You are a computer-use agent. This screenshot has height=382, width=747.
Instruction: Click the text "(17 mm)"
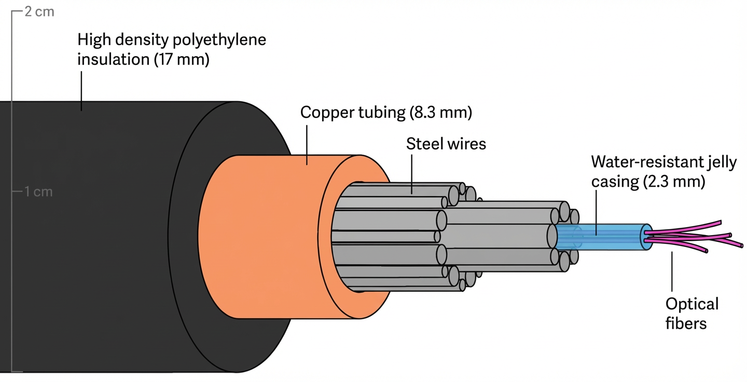click(182, 60)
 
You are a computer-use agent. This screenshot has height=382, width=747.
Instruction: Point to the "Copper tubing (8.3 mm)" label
click(386, 113)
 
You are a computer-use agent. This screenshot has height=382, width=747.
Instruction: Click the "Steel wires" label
click(446, 144)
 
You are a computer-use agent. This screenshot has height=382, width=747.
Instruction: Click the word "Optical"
click(691, 304)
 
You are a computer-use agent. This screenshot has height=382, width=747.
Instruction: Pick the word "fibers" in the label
click(686, 324)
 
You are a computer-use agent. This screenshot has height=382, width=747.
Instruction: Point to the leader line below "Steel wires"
click(412, 174)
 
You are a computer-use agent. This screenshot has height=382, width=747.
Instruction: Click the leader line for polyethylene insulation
click(81, 90)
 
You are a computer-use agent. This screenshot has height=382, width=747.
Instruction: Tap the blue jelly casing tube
click(602, 237)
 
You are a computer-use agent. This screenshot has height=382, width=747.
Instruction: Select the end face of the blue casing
click(645, 237)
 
